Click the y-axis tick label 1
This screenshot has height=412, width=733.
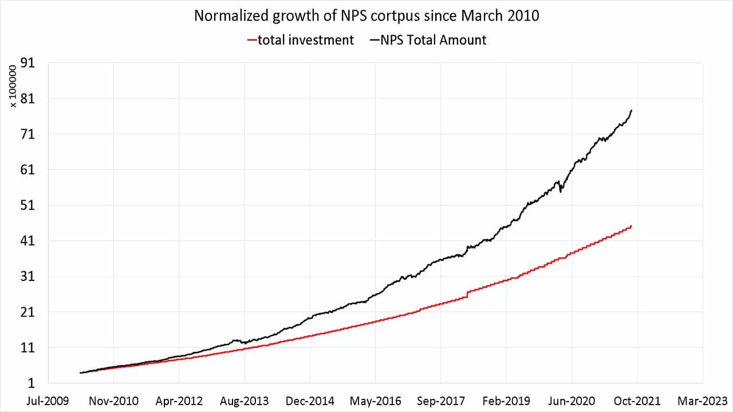coord(33,383)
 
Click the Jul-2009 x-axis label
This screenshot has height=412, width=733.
coord(48,401)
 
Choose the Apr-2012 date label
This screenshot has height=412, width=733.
coord(179,401)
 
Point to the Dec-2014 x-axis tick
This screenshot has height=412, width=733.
coord(310,401)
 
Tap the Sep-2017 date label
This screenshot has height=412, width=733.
coord(441,401)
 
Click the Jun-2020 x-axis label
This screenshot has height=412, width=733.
coord(572,401)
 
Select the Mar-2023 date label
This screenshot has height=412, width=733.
coord(703,401)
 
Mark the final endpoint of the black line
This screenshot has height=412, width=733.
coord(631,110)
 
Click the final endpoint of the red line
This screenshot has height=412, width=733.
coord(631,227)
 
